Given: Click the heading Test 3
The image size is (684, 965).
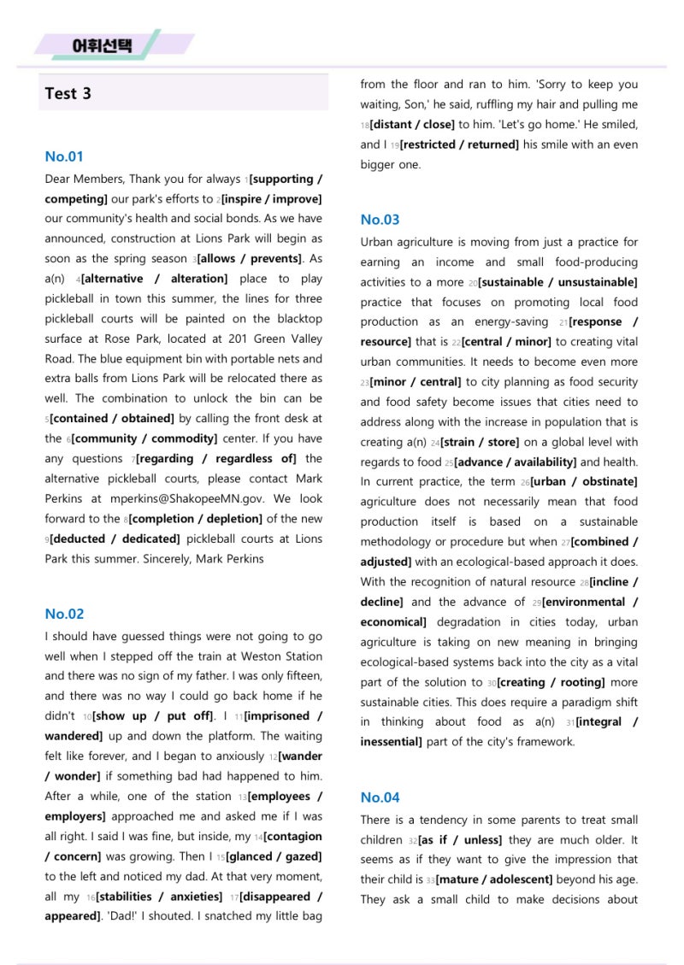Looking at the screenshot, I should (68, 93).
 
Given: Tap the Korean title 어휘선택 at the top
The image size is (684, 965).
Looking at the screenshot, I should (103, 44).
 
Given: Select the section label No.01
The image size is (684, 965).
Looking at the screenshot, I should (64, 156).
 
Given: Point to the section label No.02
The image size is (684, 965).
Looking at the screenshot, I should (64, 614).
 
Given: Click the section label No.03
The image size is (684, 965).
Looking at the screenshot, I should (380, 220).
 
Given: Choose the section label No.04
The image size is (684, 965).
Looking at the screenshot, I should (380, 797).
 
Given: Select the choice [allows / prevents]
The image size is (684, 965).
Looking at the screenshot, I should (250, 259).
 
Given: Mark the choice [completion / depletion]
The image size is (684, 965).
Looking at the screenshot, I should (195, 519).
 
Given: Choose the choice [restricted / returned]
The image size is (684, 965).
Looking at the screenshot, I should (459, 144).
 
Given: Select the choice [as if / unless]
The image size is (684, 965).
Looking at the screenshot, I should (460, 840).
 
